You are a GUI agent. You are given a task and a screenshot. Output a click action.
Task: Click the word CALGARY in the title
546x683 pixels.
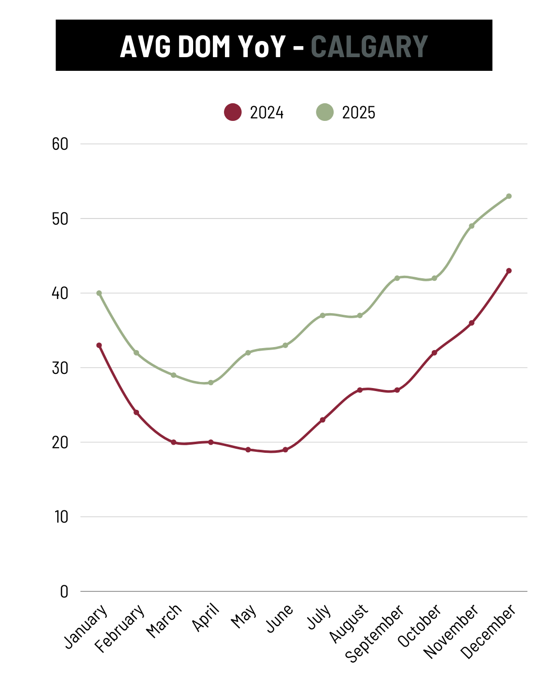369,47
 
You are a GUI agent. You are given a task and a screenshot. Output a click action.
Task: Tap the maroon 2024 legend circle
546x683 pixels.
233,112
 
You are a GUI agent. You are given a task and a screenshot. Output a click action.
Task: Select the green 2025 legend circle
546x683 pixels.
325,112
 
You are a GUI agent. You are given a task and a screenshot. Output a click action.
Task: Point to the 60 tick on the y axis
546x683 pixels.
60,144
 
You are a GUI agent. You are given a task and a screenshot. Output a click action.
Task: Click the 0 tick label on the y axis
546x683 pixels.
64,591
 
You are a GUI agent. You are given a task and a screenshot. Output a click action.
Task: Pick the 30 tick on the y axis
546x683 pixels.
60,368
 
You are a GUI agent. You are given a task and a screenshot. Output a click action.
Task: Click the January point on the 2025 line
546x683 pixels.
99,293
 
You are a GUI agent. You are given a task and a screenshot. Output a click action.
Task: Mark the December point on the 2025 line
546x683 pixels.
509,196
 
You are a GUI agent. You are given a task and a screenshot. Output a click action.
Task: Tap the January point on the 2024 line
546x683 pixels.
99,346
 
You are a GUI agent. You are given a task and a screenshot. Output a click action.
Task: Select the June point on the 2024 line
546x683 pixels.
285,450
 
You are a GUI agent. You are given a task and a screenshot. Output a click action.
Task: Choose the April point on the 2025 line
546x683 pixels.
211,382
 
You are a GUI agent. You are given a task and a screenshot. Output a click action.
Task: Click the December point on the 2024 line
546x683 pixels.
509,271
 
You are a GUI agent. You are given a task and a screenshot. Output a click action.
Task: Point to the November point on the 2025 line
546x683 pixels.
472,226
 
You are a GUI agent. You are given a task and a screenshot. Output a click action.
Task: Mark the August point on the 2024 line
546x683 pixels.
360,390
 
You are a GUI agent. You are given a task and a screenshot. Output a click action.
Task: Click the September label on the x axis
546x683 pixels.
375,633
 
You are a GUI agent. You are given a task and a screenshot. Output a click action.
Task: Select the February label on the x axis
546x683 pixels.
120,628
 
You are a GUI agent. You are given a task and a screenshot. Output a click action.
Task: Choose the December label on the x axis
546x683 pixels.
488,631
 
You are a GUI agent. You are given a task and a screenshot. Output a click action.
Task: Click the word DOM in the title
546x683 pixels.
204,47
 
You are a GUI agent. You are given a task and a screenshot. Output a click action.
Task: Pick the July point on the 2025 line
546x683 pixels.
323,315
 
